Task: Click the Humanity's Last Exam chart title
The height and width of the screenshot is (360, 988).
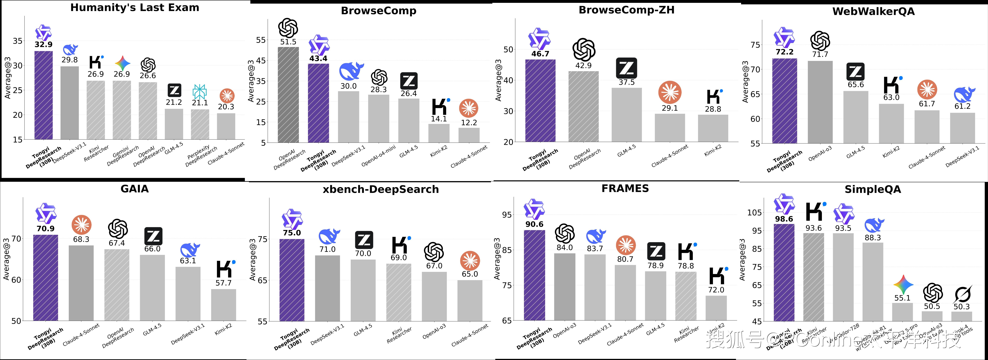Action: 135,8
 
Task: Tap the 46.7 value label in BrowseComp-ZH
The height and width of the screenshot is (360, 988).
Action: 540,54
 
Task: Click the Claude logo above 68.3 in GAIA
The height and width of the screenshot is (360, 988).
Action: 81,225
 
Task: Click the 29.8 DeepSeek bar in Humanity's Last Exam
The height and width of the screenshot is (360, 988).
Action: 69,103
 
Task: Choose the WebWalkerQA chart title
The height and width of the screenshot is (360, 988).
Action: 873,11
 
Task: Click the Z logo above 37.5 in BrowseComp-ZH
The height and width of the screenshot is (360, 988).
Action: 626,68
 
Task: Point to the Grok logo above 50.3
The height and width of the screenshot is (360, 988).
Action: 962,294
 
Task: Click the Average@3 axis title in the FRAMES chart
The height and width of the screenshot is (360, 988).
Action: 498,259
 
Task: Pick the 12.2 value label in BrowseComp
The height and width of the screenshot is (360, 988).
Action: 469,123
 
